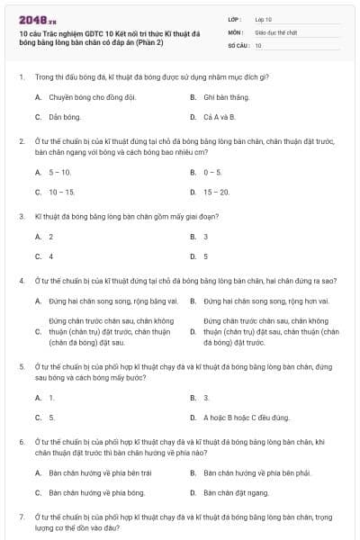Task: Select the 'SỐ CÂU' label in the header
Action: (238, 43)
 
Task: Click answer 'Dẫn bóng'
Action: (64, 117)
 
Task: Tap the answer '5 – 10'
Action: (59, 171)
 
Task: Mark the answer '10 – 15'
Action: (61, 192)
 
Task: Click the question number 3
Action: (22, 216)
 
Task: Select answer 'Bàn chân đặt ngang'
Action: (235, 492)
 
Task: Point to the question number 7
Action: (22, 517)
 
